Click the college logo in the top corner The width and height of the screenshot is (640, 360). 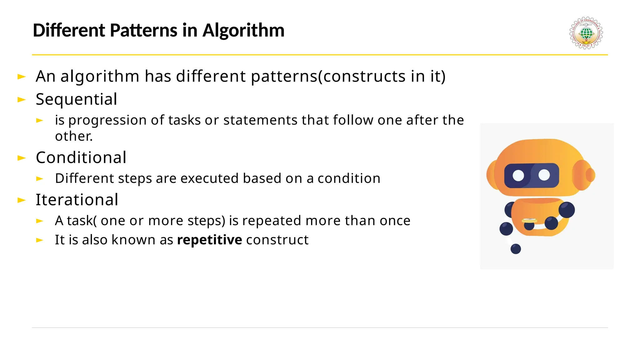[x=586, y=33]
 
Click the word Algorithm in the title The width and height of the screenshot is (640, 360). [x=243, y=31]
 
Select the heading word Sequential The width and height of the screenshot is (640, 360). [x=76, y=99]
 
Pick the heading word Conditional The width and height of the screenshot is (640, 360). [x=81, y=157]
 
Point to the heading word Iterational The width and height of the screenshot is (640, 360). [x=77, y=200]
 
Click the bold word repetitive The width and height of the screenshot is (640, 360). [x=209, y=240]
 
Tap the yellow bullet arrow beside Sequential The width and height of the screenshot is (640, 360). [x=22, y=100]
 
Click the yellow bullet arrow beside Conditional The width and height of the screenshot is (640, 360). [x=22, y=158]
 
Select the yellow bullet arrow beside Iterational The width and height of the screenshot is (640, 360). [x=22, y=200]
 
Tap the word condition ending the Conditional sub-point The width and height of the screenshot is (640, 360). [x=349, y=178]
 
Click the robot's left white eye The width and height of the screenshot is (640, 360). [x=518, y=175]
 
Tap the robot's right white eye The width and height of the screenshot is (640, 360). [x=544, y=175]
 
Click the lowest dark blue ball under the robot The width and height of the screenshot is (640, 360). [x=516, y=249]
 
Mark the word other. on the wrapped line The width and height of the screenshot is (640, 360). [x=74, y=136]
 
